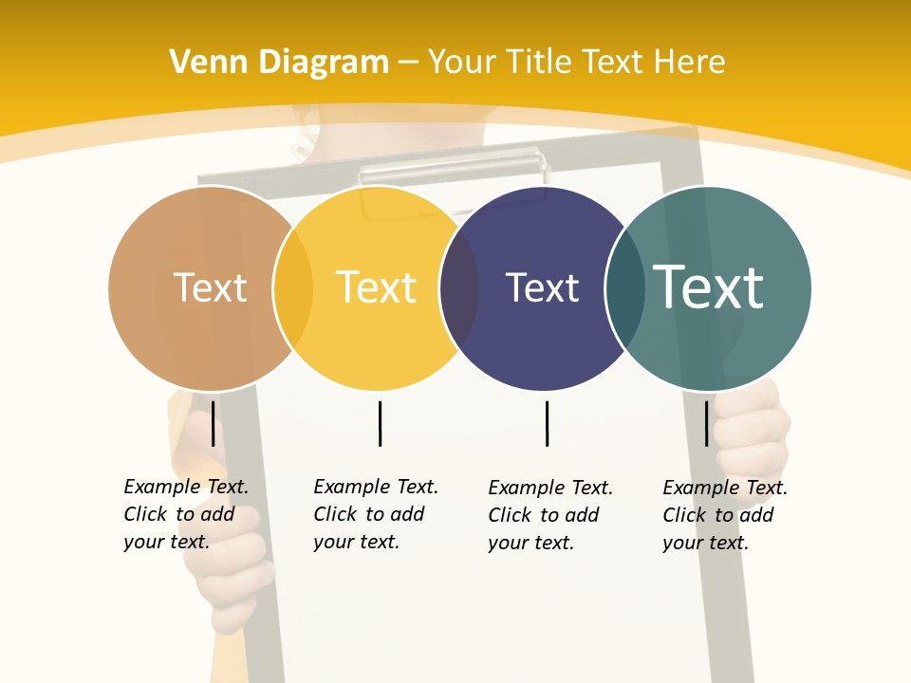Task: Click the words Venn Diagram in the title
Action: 279,63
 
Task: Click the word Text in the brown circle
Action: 210,288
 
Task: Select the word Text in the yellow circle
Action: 376,288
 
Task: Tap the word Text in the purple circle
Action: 542,288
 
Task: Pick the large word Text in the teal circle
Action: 708,287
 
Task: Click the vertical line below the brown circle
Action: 213,423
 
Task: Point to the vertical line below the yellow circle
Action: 380,423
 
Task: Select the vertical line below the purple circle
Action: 547,423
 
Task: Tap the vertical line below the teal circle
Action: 706,423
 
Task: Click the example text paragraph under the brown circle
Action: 186,514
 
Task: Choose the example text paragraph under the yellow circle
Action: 376,514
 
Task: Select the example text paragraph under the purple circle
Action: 550,515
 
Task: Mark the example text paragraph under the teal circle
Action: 725,515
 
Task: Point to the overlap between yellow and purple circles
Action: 459,288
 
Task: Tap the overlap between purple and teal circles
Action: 623,288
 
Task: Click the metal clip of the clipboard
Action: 454,174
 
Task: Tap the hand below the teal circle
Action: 754,427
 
